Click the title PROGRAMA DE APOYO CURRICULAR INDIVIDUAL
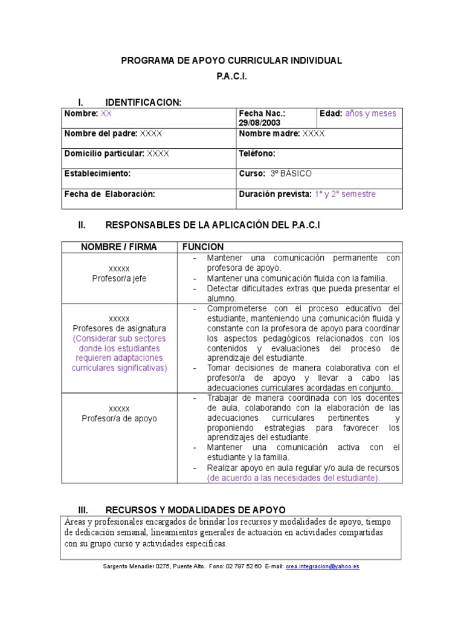pyautogui.click(x=232, y=60)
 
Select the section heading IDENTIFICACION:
pyautogui.click(x=143, y=102)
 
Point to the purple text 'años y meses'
pyautogui.click(x=370, y=113)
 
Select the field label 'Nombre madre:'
pyautogui.click(x=269, y=133)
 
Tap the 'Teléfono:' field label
pyautogui.click(x=257, y=154)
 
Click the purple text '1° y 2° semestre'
pyautogui.click(x=344, y=194)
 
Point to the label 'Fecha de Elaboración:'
pyautogui.click(x=109, y=194)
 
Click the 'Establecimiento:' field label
pyautogui.click(x=97, y=173)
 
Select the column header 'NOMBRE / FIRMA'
pyautogui.click(x=119, y=247)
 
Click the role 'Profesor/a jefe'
pyautogui.click(x=119, y=279)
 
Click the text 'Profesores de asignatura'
pyautogui.click(x=119, y=328)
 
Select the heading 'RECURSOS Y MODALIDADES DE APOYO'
pyautogui.click(x=195, y=510)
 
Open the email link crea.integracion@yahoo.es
pyautogui.click(x=323, y=566)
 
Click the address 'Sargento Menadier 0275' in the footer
pyautogui.click(x=138, y=566)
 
